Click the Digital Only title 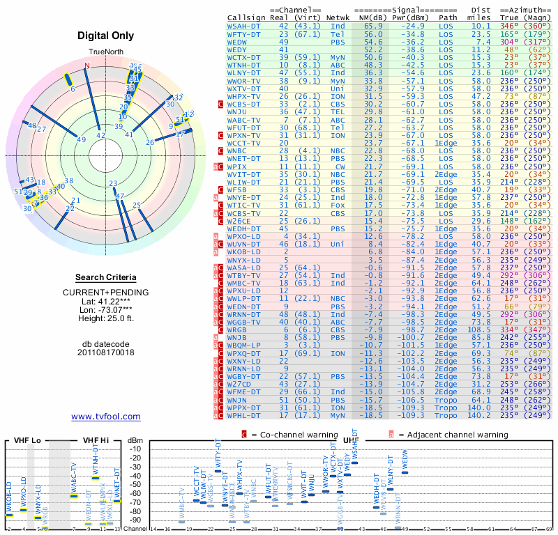[x=106, y=36]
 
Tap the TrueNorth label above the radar [x=105, y=53]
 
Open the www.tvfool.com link [x=106, y=417]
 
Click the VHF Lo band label [x=27, y=440]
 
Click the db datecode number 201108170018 [x=106, y=352]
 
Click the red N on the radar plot [x=87, y=66]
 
